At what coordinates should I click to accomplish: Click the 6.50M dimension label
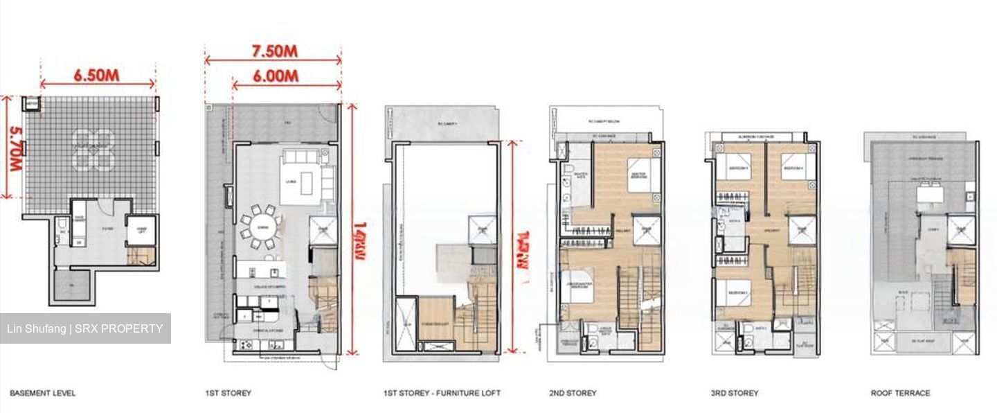97,75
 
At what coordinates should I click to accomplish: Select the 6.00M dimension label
276,76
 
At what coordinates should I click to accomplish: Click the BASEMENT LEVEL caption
42,394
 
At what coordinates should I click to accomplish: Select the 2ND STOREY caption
573,394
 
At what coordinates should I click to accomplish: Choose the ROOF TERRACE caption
900,394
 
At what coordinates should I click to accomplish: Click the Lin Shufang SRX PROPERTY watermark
85,328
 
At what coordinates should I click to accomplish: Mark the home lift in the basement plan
141,231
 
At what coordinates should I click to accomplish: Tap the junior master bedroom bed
577,287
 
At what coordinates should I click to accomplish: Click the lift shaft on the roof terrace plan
961,229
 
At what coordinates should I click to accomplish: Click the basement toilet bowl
62,224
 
